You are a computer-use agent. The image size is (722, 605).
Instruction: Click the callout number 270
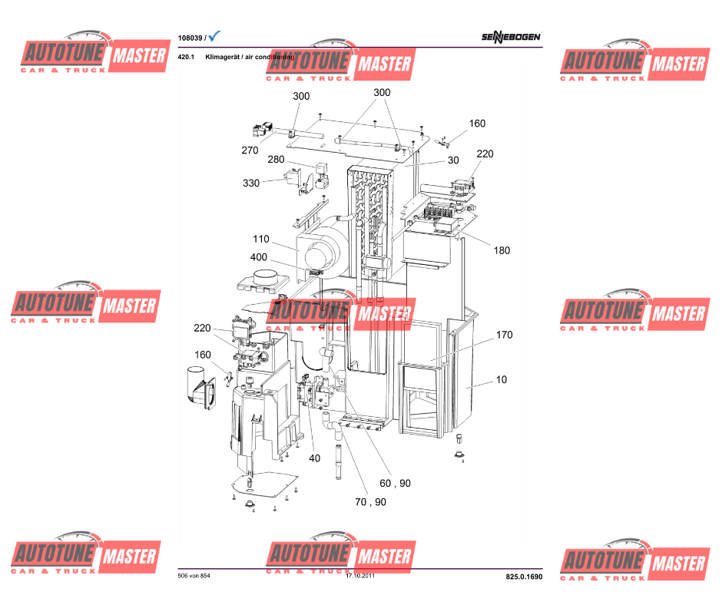point(250,150)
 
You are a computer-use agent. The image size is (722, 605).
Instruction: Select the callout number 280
point(276,160)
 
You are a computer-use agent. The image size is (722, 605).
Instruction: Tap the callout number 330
point(251,183)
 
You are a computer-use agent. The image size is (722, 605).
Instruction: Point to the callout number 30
point(453,161)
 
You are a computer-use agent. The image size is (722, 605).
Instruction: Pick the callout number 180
point(502,250)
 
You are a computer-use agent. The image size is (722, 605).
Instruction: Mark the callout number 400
point(258,257)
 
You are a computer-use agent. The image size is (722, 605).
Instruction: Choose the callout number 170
point(504,335)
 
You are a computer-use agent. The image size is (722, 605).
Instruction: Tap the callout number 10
point(501,379)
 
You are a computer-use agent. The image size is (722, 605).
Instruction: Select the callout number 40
point(314,458)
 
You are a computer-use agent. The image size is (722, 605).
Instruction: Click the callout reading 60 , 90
point(396,483)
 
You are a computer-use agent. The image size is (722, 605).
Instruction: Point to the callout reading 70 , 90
point(370,502)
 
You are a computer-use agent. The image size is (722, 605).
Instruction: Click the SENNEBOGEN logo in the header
point(512,37)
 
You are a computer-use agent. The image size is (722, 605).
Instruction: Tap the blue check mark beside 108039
point(214,36)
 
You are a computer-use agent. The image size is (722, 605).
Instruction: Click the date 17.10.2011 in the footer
point(359,576)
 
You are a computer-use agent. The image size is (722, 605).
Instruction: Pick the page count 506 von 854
point(194,576)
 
